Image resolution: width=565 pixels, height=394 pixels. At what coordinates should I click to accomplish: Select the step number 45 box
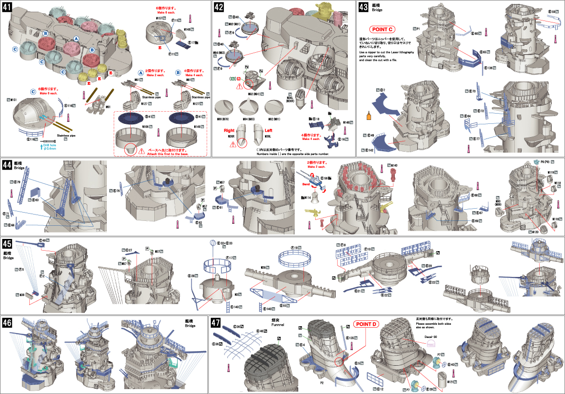pyautogui.click(x=7, y=243)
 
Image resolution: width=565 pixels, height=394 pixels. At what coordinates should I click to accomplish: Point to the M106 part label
pyautogui.click(x=145, y=127)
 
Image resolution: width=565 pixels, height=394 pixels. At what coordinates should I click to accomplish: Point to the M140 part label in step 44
pyautogui.click(x=394, y=165)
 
